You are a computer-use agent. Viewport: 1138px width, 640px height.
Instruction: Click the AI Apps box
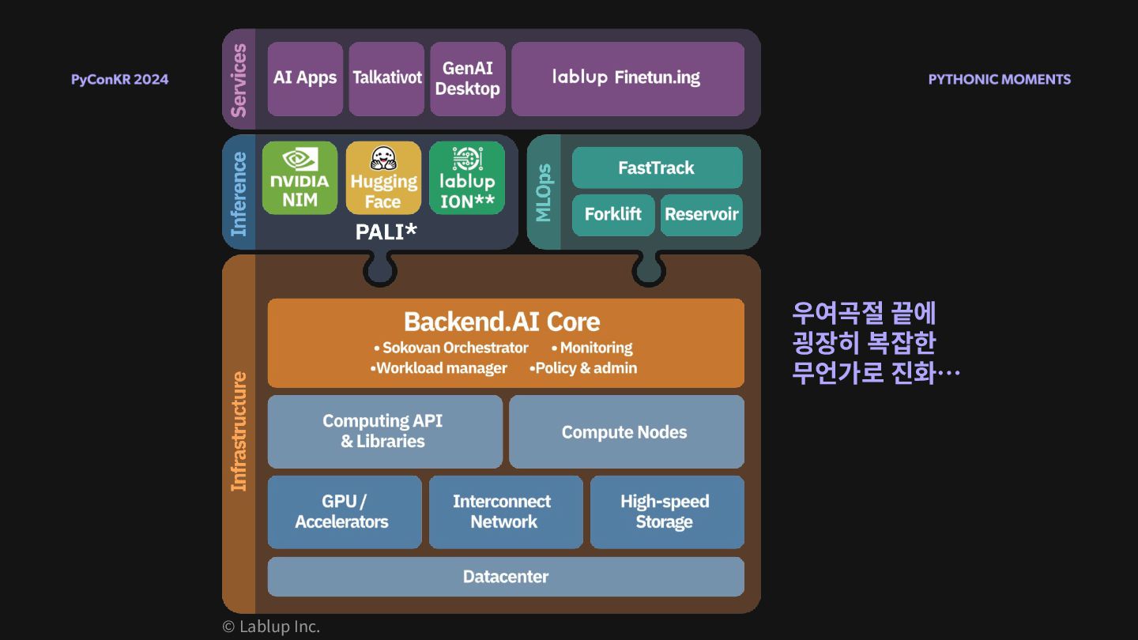(305, 78)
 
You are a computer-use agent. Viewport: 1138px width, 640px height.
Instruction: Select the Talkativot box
(386, 78)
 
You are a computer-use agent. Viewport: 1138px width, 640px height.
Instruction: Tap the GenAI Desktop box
(468, 78)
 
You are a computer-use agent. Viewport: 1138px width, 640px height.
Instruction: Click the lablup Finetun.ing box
(627, 78)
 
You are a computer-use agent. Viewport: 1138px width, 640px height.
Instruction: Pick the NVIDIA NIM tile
(300, 178)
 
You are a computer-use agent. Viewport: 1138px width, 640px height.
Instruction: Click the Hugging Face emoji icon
(383, 157)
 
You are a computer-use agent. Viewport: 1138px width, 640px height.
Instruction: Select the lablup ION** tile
(467, 178)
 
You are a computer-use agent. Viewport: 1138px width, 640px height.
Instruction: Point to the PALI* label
(386, 232)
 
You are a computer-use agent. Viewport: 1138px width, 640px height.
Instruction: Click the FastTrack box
(657, 168)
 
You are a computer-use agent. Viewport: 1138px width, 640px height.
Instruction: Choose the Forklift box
(613, 214)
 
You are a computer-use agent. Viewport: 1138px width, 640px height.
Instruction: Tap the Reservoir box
(702, 214)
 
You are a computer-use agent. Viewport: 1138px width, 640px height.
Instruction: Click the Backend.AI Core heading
(502, 322)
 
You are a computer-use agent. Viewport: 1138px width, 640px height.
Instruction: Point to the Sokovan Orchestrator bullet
(451, 348)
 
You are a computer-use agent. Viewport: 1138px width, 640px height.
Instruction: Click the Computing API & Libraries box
(384, 431)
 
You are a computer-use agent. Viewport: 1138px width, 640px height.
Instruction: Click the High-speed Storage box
(666, 511)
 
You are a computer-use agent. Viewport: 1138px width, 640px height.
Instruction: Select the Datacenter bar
(506, 577)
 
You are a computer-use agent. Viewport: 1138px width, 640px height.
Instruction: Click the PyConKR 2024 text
(119, 79)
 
